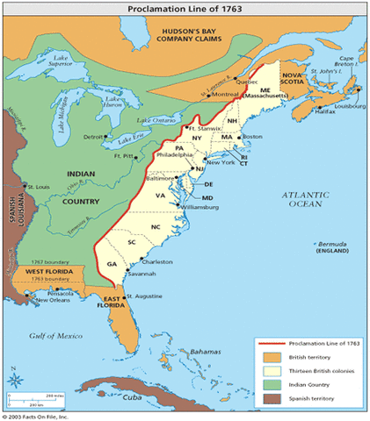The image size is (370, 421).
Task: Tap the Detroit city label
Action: [92, 138]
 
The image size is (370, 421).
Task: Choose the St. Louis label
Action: [39, 187]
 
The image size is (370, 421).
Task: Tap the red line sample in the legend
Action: [272, 344]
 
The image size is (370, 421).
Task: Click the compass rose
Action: [15, 380]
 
